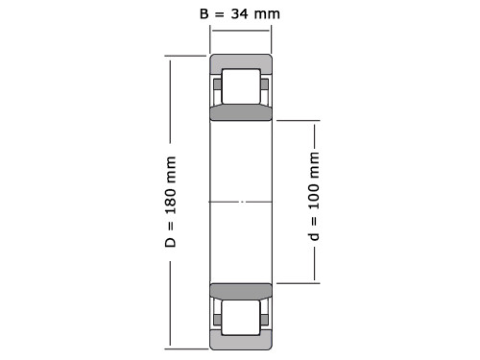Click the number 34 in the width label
[x=239, y=13]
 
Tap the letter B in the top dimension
[x=204, y=13]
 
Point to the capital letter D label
[x=171, y=242]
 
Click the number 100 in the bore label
[x=314, y=196]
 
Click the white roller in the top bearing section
[x=241, y=86]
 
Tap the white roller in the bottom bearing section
[x=241, y=318]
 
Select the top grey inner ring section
[x=241, y=113]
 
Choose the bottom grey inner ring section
[x=241, y=291]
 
